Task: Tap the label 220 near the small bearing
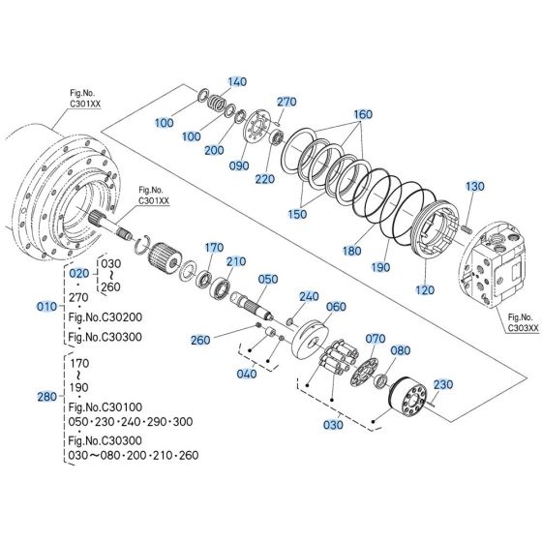point(265,179)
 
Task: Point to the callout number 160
point(363,114)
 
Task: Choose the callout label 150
point(297,213)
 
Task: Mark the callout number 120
point(424,289)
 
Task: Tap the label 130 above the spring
point(474,186)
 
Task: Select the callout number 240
point(309,297)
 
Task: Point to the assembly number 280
point(45,396)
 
